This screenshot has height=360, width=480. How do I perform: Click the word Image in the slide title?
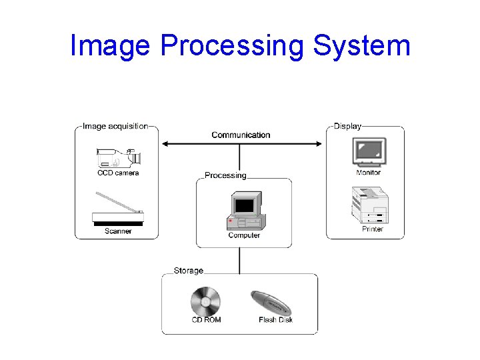pos(111,46)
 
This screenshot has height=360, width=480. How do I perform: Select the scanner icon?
pos(118,211)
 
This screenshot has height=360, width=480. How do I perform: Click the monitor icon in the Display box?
pos(369,152)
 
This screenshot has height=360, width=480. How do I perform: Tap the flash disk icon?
pos(271,303)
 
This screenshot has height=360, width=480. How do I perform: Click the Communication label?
pos(241,135)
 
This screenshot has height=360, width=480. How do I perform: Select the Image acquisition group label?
pos(115,126)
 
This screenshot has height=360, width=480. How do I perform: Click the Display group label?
pos(347,126)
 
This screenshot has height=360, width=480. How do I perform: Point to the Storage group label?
pos(188,271)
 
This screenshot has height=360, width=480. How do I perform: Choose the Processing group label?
pos(225,175)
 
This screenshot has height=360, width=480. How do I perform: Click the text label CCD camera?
pos(118,173)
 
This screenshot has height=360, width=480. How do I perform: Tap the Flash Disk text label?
pos(275,320)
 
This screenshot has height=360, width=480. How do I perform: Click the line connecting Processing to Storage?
pos(240,260)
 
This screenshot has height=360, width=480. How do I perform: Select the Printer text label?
pos(372,229)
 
